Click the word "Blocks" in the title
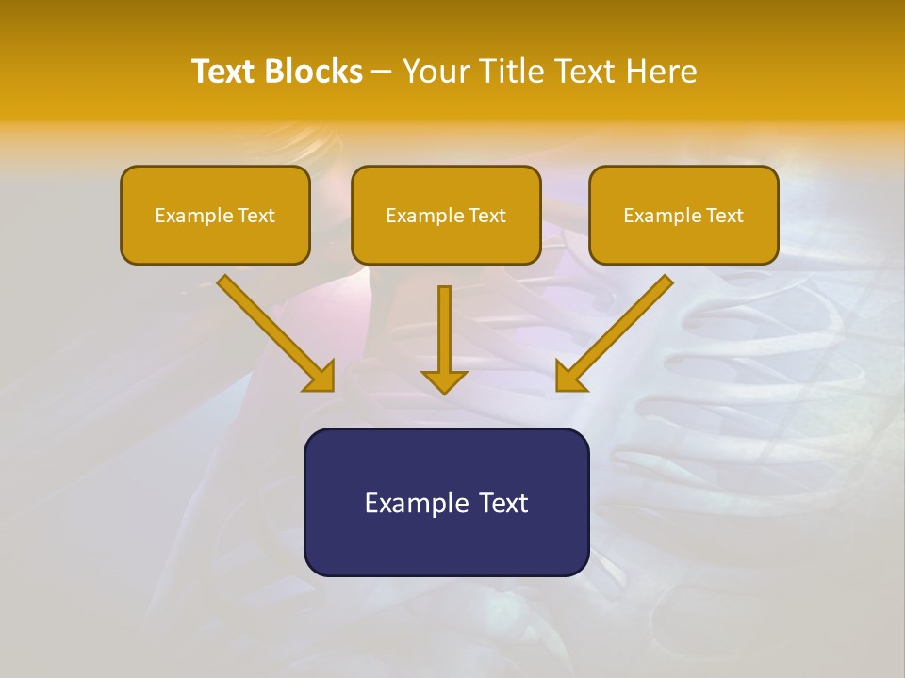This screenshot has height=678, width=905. [x=315, y=72]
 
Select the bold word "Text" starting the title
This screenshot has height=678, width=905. [x=226, y=72]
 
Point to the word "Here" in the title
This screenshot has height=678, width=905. [x=665, y=72]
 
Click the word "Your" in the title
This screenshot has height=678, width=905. [x=436, y=72]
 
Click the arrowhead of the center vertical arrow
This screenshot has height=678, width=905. [x=444, y=381]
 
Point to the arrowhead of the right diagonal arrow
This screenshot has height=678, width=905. [x=568, y=378]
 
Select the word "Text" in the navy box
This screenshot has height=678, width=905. [x=503, y=503]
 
